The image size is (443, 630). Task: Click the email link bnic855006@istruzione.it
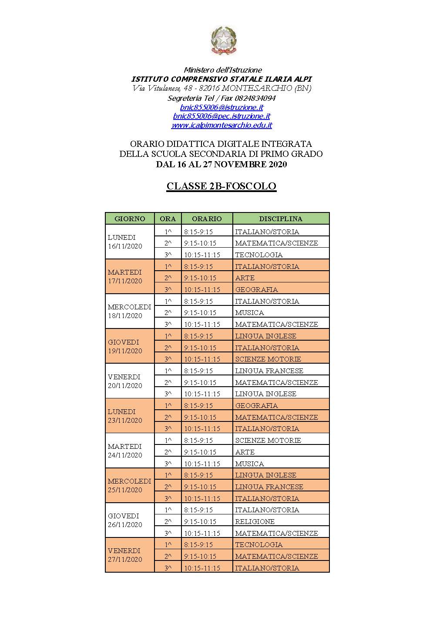tap(221, 107)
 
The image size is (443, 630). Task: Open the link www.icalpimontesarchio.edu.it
tap(221, 126)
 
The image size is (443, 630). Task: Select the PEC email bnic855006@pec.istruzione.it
tap(221, 116)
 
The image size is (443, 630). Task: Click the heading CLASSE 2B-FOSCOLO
tap(221, 186)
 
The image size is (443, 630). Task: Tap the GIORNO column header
tap(130, 219)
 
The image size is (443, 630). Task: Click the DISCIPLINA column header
tap(281, 219)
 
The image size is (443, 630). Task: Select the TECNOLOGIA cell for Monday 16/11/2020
tap(259, 255)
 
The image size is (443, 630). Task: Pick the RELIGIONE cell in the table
tap(255, 522)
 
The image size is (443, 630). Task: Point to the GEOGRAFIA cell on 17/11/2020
tap(256, 290)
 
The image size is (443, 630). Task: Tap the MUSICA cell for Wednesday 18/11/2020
tap(249, 313)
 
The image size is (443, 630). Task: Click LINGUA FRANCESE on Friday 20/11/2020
tap(269, 371)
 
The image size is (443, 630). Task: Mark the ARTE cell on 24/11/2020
tap(245, 452)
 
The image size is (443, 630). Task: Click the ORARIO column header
tap(207, 219)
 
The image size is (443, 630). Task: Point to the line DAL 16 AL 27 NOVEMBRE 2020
tap(221, 165)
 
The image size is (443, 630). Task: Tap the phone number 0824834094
tap(252, 98)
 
